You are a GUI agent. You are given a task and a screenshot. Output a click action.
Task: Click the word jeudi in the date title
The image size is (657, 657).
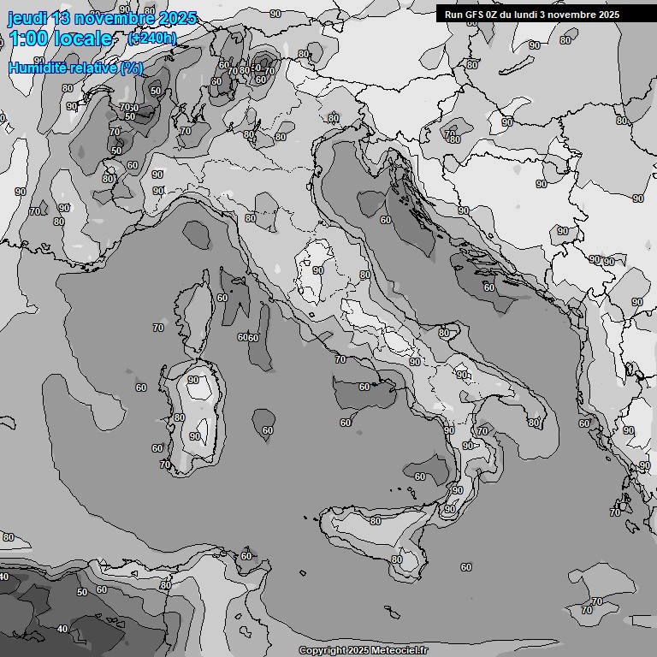click(27, 18)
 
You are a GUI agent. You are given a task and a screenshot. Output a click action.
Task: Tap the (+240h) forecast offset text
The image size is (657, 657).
click(152, 38)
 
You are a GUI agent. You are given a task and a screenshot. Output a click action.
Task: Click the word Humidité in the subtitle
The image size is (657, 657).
click(39, 68)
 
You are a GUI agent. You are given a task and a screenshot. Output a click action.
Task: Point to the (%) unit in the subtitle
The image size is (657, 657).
click(131, 68)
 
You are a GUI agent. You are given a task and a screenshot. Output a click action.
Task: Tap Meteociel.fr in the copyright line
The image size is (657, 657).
click(398, 651)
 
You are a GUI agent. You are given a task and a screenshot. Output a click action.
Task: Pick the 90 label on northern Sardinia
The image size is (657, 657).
click(193, 381)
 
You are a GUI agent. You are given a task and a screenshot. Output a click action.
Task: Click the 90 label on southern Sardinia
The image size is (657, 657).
click(195, 436)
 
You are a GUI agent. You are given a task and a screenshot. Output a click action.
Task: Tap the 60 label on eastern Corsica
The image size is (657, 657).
click(222, 298)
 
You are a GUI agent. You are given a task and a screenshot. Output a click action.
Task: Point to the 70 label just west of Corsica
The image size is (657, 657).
click(158, 328)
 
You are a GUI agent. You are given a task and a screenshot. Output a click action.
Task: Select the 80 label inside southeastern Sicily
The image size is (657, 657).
click(396, 560)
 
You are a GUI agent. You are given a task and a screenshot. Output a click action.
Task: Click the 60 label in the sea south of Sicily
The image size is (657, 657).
click(465, 567)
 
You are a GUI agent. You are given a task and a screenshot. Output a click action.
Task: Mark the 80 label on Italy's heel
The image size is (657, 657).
click(533, 423)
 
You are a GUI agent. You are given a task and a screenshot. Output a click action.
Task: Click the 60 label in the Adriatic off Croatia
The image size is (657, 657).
click(386, 220)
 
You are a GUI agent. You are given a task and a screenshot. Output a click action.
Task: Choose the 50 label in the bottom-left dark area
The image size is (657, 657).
click(82, 592)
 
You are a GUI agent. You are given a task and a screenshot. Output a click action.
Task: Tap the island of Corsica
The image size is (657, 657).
click(195, 317)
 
